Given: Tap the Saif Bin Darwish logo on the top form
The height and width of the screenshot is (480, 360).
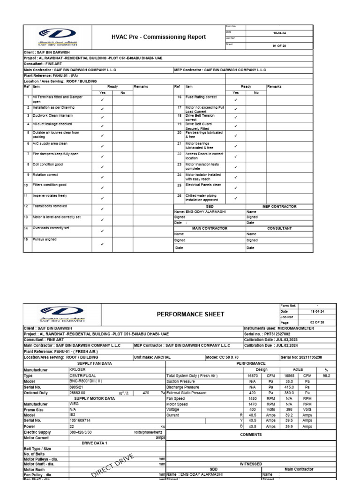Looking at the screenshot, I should click(x=58, y=36).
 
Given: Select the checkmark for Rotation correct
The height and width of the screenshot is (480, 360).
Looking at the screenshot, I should click(x=102, y=178).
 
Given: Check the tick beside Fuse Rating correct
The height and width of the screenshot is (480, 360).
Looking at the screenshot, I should click(x=235, y=99).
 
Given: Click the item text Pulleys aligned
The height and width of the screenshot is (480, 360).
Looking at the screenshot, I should click(x=45, y=240).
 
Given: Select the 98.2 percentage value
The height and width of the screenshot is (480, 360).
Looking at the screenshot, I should click(x=326, y=376).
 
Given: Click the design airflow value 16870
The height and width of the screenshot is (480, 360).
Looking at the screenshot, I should click(x=252, y=376).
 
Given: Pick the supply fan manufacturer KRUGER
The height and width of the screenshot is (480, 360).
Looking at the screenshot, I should click(x=78, y=369).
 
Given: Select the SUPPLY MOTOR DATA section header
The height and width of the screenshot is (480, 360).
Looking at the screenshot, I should click(x=94, y=398).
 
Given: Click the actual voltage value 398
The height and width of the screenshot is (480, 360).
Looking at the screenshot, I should click(x=288, y=408).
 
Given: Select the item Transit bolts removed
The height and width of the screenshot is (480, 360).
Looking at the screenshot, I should click(x=50, y=206).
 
